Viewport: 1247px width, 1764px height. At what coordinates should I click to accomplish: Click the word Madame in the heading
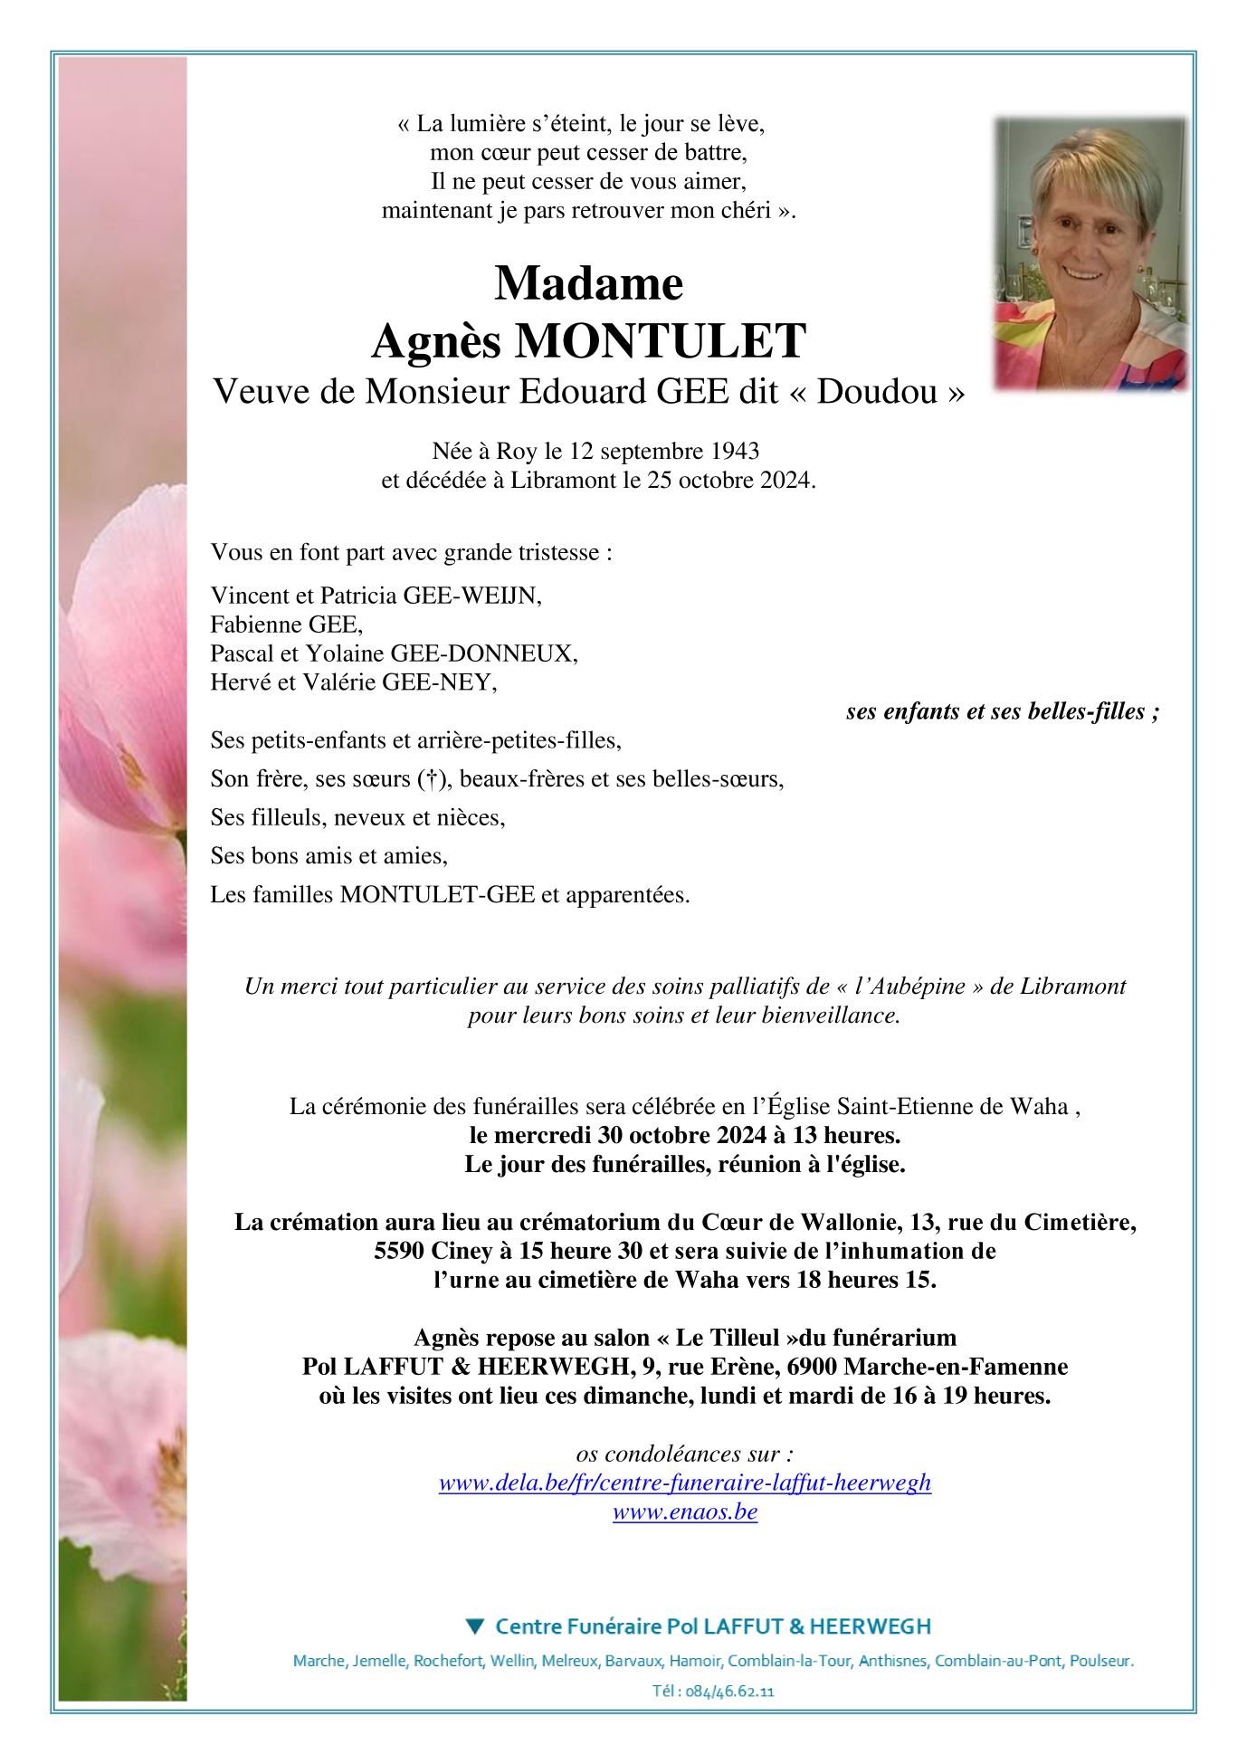click(588, 284)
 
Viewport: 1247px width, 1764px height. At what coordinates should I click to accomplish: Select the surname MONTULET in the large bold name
click(660, 342)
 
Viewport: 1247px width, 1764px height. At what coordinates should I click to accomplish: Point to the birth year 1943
click(735, 451)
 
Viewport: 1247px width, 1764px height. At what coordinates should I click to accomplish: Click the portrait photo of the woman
click(1090, 254)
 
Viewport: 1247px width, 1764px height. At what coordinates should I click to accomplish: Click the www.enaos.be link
click(685, 1511)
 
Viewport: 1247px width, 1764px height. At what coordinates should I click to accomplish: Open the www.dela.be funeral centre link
click(685, 1483)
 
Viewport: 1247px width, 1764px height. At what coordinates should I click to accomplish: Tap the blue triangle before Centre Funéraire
click(475, 1626)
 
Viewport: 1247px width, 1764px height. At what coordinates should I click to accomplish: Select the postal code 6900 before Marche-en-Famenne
click(812, 1367)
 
